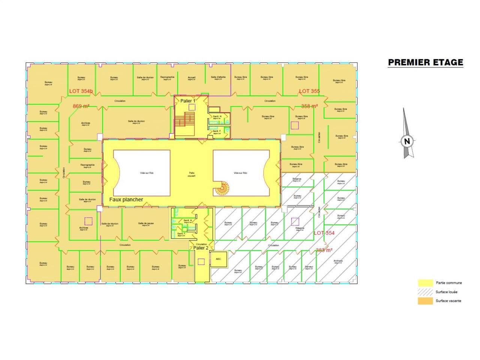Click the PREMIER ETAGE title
pyautogui.click(x=425, y=62)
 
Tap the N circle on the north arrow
pyautogui.click(x=407, y=141)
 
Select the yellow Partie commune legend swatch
pyautogui.click(x=425, y=283)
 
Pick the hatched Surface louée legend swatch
pyautogui.click(x=425, y=292)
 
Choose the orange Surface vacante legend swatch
pyautogui.click(x=425, y=301)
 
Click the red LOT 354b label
pyautogui.click(x=81, y=91)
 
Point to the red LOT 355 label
pyautogui.click(x=309, y=91)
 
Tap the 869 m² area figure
pyautogui.click(x=81, y=106)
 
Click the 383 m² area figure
pyautogui.click(x=324, y=250)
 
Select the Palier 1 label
pyautogui.click(x=188, y=101)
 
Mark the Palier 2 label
pyautogui.click(x=201, y=247)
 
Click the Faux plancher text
pyautogui.click(x=126, y=199)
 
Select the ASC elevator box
pyautogui.click(x=218, y=259)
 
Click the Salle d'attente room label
pyautogui.click(x=218, y=78)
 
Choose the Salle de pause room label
pyautogui.click(x=146, y=223)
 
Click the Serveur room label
pyautogui.click(x=309, y=267)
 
